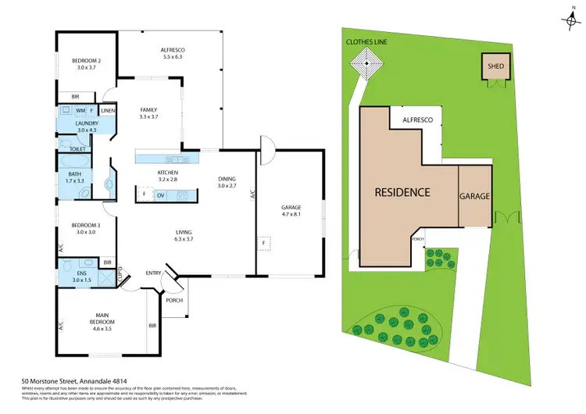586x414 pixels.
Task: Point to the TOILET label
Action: [x=77, y=148]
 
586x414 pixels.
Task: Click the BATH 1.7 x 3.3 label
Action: [x=75, y=178]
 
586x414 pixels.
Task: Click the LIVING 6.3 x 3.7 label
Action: [x=185, y=236]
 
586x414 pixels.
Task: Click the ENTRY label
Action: [x=153, y=273]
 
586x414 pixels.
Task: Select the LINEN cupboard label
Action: [x=107, y=111]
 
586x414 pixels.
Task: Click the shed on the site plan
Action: [x=496, y=67]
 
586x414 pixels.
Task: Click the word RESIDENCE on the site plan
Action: [x=402, y=192]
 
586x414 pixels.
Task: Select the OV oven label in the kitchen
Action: [x=160, y=195]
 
